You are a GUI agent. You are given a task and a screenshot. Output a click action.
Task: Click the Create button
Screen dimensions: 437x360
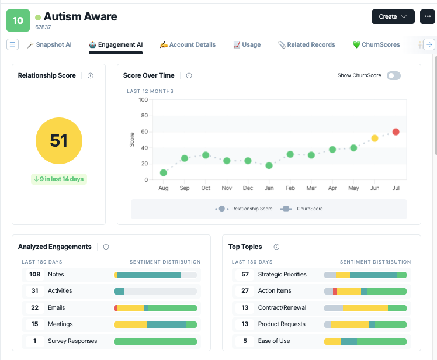point(393,17)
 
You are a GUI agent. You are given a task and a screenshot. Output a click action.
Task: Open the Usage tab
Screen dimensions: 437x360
point(247,44)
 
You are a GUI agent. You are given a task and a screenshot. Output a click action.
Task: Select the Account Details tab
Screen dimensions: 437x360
point(188,44)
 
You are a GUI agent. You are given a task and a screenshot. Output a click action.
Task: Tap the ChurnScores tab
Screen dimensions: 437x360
point(376,44)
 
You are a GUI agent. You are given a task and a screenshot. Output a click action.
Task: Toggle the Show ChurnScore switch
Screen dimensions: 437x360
point(394,75)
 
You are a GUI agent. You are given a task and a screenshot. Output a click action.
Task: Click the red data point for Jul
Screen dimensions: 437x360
point(396,131)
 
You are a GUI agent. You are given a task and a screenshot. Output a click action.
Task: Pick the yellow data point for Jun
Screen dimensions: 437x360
point(374,138)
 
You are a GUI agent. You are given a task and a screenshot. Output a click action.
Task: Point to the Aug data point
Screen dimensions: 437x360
point(164,172)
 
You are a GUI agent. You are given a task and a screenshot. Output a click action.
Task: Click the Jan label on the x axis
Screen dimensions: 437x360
point(269,188)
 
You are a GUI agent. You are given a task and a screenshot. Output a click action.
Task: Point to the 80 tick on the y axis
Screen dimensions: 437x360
point(144,116)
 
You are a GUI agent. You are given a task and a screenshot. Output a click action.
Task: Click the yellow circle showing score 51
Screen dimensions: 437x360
point(59,141)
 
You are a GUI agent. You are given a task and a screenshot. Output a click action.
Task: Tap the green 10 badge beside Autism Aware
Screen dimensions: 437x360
point(18,20)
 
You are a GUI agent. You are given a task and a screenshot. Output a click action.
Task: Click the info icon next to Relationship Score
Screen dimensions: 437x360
point(91,75)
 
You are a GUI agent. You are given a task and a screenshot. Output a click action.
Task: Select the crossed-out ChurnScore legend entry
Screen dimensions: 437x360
point(310,209)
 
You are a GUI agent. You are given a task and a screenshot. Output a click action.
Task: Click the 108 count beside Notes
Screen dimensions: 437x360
point(35,275)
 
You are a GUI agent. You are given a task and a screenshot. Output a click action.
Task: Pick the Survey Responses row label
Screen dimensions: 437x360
point(72,341)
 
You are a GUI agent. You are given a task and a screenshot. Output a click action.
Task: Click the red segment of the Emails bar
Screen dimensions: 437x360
point(116,308)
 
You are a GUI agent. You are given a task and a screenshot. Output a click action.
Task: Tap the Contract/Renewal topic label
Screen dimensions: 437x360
point(282,307)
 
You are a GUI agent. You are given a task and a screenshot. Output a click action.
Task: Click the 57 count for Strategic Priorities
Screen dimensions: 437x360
point(245,275)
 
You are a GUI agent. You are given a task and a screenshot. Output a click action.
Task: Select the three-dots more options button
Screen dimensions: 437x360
point(428,17)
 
